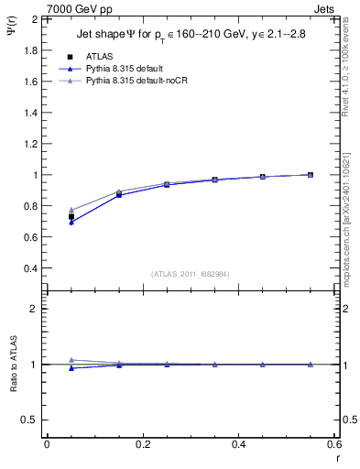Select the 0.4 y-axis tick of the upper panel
coord(31,268)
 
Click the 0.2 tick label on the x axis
coord(143,444)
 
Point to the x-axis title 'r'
coord(337,457)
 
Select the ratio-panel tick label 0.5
coord(31,420)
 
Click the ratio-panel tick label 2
coord(35,309)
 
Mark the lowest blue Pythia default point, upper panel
coord(71,222)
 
